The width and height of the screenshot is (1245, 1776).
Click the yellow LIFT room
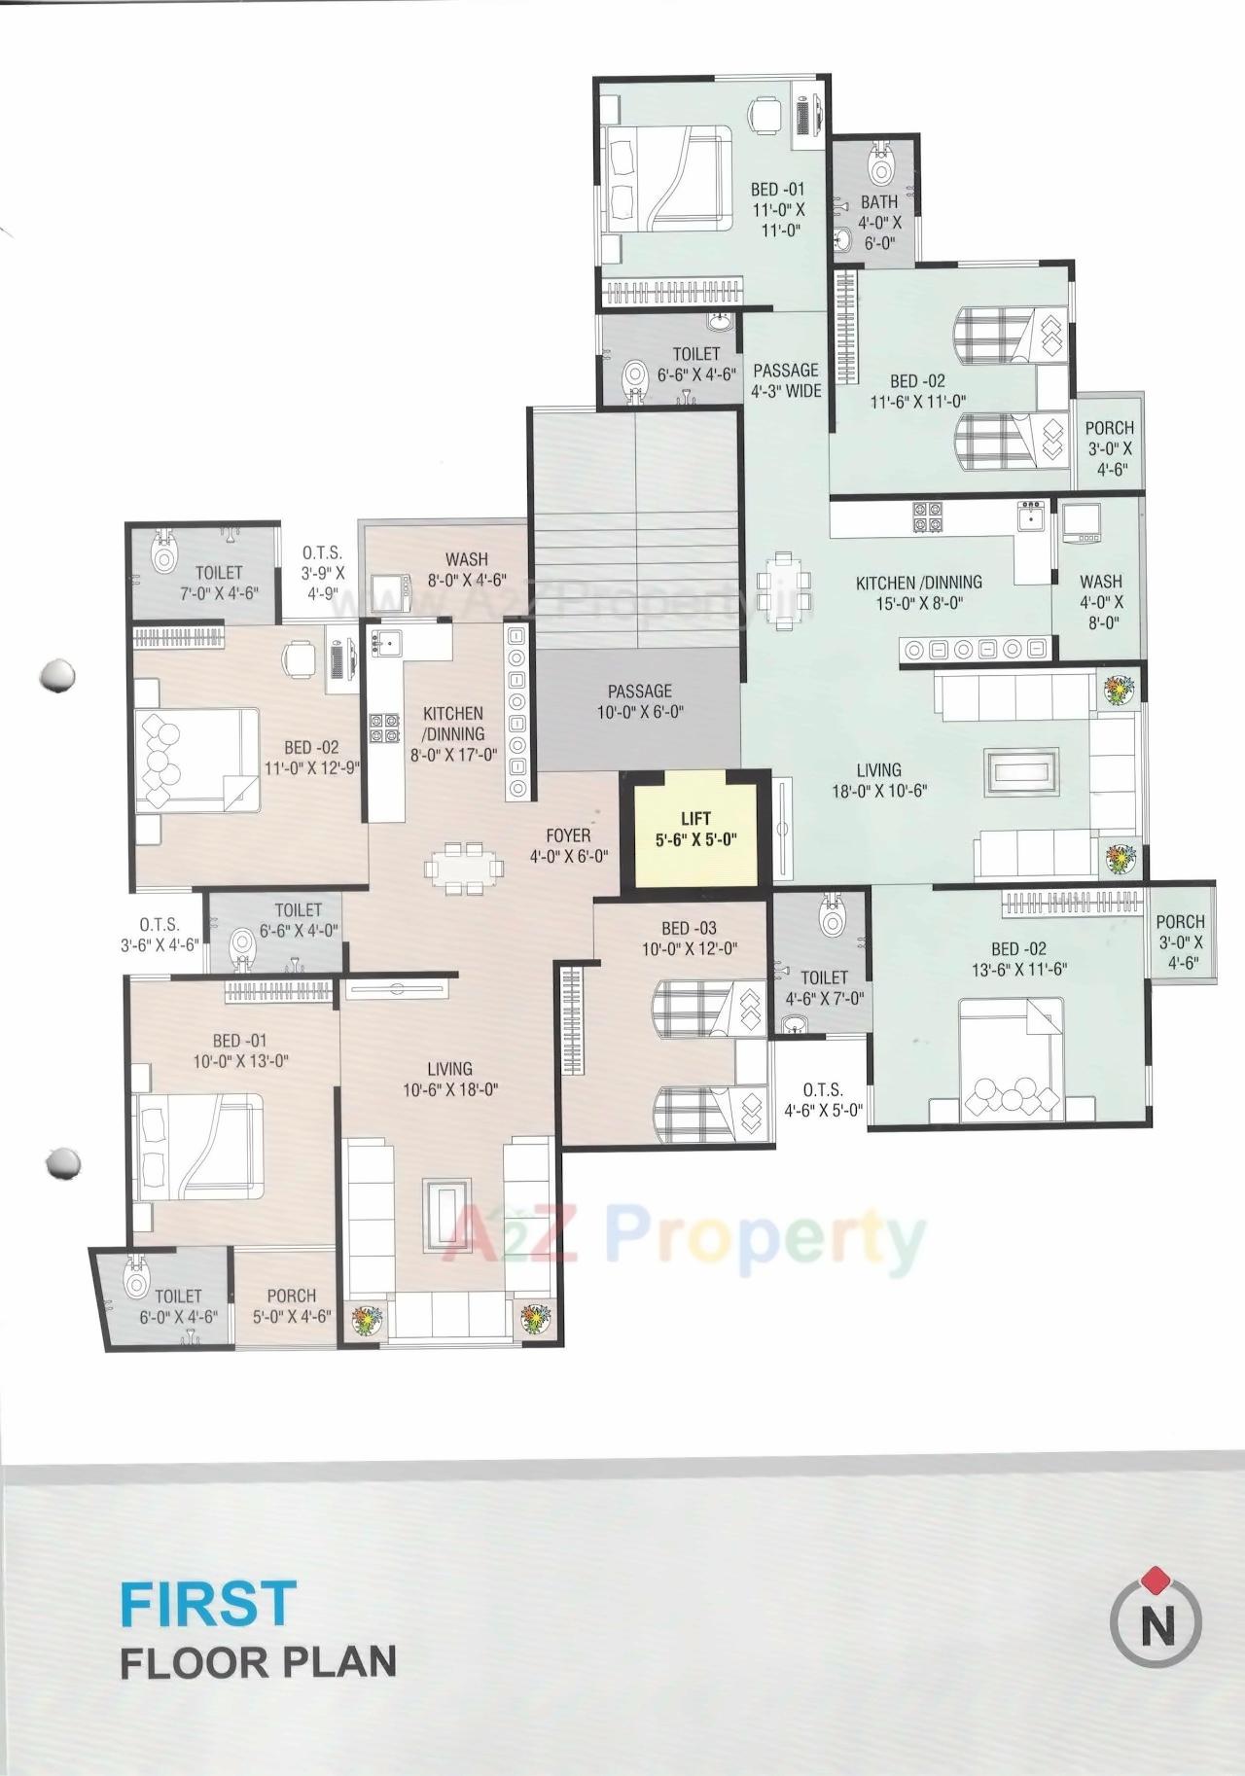[695, 829]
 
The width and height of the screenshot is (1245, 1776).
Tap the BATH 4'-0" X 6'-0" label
[879, 222]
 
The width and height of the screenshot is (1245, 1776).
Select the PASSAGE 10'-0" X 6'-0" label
[640, 700]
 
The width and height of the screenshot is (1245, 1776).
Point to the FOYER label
[569, 845]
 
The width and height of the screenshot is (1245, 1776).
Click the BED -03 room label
[689, 939]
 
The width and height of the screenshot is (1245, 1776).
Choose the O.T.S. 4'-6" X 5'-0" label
[823, 1100]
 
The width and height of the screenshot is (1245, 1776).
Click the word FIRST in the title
[208, 1603]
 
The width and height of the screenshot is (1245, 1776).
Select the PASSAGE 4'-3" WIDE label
[786, 380]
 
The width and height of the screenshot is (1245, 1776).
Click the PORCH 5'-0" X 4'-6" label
[291, 1305]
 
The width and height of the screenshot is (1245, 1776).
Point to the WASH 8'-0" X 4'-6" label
[467, 569]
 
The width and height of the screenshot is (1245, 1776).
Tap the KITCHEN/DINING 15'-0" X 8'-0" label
[918, 592]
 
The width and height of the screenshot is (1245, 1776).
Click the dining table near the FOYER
[464, 867]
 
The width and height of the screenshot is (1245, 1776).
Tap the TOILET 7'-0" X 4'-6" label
[218, 582]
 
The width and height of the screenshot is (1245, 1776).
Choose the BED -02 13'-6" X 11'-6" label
[1018, 958]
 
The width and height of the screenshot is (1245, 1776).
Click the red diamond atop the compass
[1156, 1576]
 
